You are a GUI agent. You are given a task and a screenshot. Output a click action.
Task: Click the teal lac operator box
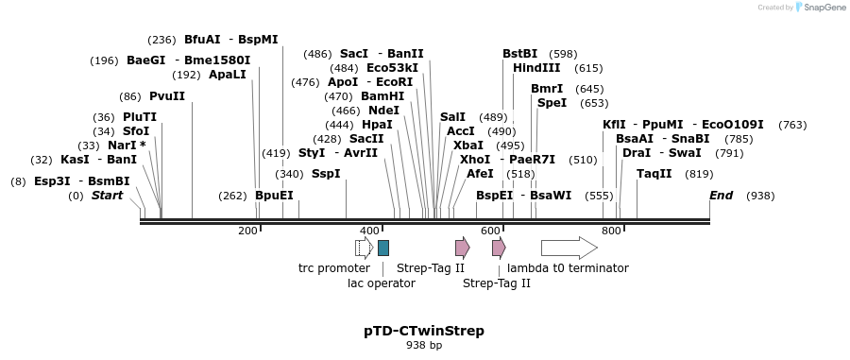point(382,248)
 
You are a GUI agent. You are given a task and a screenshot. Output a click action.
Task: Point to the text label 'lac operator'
point(381,283)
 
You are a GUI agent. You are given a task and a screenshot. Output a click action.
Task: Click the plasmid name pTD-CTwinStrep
point(424,331)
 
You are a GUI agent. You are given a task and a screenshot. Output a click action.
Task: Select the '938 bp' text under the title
point(424,346)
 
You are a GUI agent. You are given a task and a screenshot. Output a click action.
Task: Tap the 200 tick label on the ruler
point(247,231)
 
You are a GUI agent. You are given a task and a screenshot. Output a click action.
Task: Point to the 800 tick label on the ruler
point(610,231)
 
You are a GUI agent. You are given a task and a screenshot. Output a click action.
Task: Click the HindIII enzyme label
point(536,68)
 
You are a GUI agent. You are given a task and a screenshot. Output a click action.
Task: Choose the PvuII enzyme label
point(167,96)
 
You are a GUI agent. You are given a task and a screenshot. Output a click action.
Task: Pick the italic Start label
point(107,196)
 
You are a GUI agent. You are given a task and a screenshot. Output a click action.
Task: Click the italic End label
point(721,196)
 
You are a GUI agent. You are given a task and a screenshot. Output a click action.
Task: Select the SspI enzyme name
point(326,174)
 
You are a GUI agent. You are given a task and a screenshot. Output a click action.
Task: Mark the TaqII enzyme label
point(654,174)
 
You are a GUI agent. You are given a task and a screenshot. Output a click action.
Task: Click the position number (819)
point(699,174)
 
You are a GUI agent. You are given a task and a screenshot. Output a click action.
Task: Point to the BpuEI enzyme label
point(274,196)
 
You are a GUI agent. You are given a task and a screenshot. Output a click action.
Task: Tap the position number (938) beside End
point(760,196)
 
